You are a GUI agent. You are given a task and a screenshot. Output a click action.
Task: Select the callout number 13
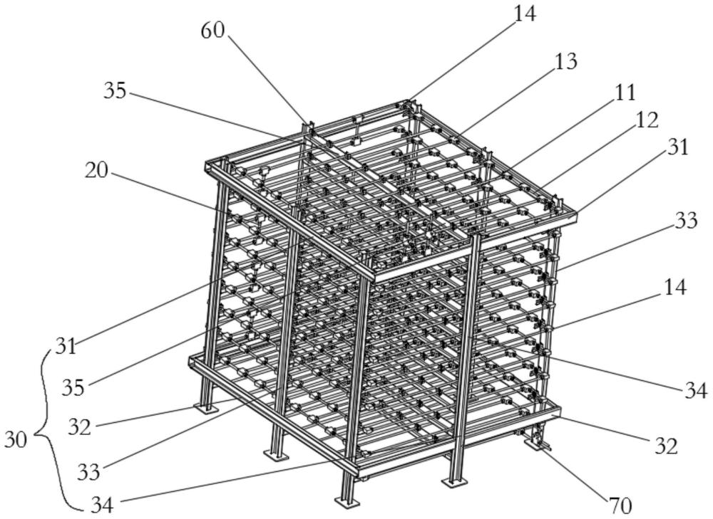click(x=565, y=61)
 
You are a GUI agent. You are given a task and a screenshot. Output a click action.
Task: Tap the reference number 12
click(x=646, y=120)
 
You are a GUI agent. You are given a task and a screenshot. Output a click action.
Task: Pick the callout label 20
click(x=96, y=171)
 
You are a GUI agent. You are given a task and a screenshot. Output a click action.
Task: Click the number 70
click(x=621, y=506)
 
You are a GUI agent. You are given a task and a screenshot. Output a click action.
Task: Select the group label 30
click(x=16, y=439)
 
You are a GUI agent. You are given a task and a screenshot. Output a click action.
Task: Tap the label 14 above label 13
click(x=525, y=14)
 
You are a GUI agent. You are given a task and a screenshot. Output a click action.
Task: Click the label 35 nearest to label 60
click(x=115, y=91)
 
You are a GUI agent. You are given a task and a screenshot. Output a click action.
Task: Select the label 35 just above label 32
click(x=73, y=388)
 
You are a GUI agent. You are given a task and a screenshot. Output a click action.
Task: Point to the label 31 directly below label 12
click(x=677, y=148)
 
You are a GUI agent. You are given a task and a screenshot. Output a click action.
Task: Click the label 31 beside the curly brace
click(x=66, y=347)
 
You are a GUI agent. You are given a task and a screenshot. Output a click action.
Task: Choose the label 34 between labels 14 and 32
click(x=696, y=391)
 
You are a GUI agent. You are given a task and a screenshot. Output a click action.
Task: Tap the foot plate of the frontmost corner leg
click(x=347, y=500)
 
